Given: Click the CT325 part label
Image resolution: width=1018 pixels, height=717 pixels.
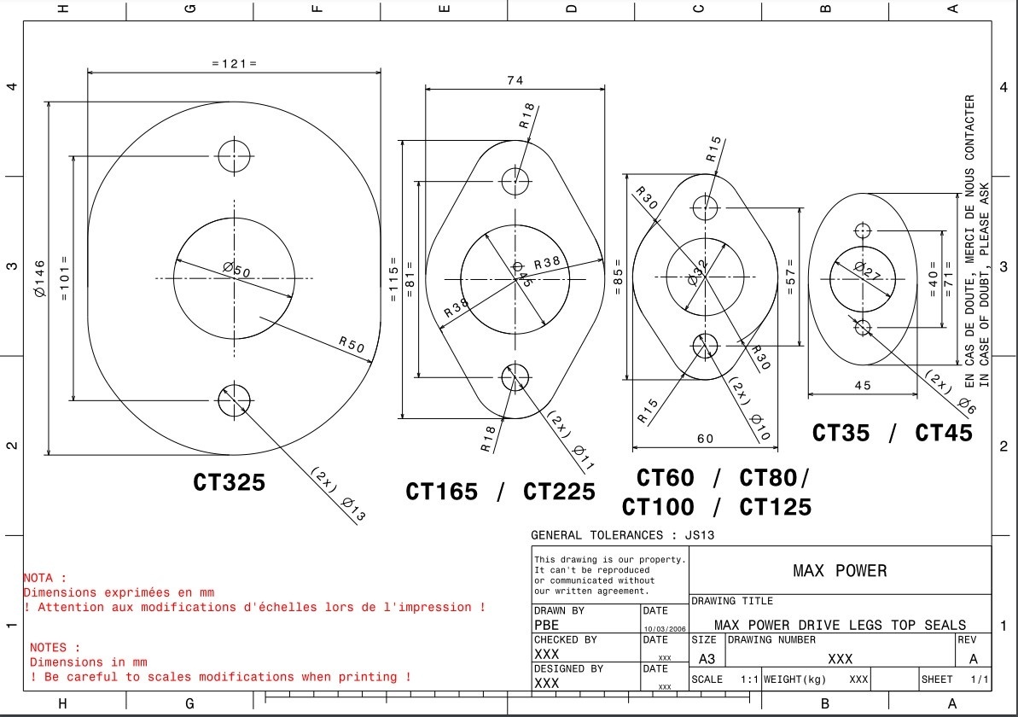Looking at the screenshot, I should coord(229,482).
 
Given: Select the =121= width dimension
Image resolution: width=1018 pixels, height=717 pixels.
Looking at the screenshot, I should coord(234,63).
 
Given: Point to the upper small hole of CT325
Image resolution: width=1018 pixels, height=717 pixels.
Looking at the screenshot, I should coord(235,155).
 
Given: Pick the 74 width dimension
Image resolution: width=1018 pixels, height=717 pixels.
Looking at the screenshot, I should coord(515,81).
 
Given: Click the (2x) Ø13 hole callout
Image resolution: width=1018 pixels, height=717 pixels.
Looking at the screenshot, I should coord(339,494).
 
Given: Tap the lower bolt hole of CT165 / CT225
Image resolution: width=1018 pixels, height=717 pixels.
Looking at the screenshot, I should coord(515,376).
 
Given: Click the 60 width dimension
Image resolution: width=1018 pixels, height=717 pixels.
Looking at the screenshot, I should coord(706,439).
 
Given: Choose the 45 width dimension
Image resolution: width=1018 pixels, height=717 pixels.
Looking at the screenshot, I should coord(863,386).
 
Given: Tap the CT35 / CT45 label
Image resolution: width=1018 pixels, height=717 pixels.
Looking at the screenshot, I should coord(892,433).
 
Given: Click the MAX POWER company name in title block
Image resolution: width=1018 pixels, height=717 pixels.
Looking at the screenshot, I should coord(840,571).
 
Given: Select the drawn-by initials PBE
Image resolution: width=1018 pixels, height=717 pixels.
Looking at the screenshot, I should coord(547,626).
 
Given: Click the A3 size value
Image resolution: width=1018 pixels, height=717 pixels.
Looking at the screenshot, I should coord(707,659).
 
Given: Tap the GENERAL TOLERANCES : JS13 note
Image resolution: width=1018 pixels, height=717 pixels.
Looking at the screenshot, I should coord(622,535).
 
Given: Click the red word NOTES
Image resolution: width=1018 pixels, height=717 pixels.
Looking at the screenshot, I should coord(55,648).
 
